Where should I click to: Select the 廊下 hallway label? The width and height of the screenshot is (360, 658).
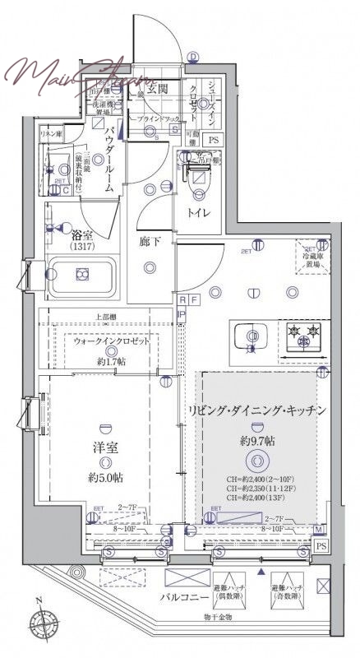(149, 243)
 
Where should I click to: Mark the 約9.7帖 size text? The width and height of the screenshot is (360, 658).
(257, 442)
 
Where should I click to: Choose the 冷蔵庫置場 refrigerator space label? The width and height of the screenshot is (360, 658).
(312, 260)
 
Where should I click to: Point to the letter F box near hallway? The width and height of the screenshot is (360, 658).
(193, 301)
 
